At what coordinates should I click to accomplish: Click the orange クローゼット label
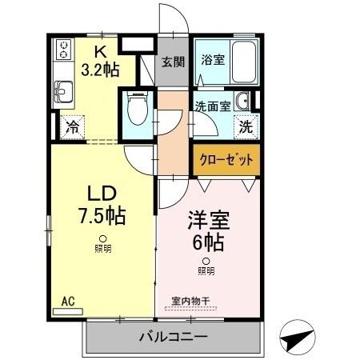tap(225, 160)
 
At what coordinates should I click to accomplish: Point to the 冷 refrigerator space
tap(73, 126)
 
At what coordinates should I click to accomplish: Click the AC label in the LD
tap(68, 302)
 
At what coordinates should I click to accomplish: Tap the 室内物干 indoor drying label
tap(190, 301)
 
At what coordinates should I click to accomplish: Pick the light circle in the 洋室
tap(206, 261)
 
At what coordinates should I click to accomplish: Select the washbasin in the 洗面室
tap(243, 101)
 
